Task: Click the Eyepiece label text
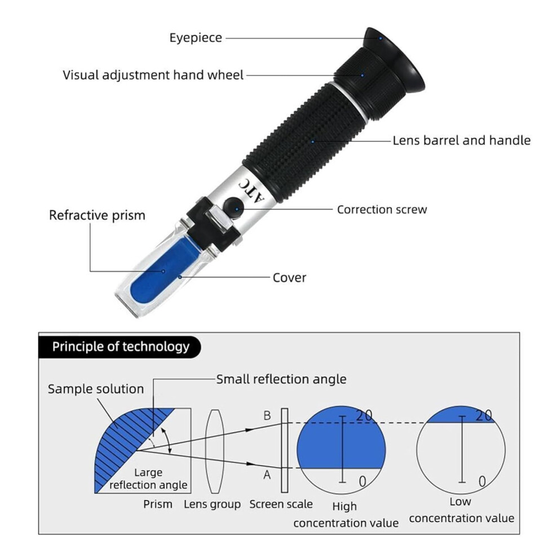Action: (x=196, y=38)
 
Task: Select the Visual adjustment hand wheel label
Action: (x=153, y=75)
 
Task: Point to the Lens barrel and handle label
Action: (x=462, y=140)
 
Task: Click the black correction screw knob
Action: (x=234, y=207)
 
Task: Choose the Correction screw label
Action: (x=382, y=210)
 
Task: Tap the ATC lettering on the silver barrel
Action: (x=251, y=191)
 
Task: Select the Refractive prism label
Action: (x=97, y=215)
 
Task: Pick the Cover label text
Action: (x=289, y=277)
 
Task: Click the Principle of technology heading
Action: (x=121, y=347)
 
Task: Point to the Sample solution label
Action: (x=96, y=389)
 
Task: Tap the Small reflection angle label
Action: (x=281, y=379)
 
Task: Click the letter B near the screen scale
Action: (x=267, y=415)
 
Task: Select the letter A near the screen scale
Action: (x=267, y=475)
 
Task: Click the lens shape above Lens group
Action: (x=215, y=451)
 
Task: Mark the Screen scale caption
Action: (x=281, y=504)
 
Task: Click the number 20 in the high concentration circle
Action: (x=364, y=415)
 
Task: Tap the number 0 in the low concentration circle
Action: (x=482, y=481)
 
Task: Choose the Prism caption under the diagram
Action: (x=158, y=504)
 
